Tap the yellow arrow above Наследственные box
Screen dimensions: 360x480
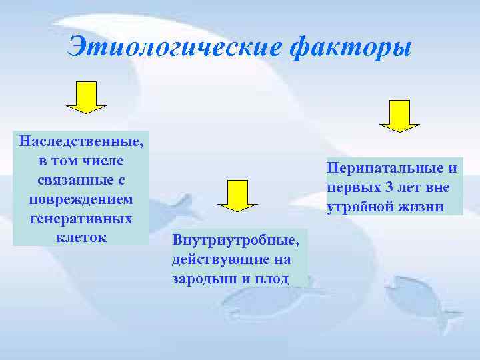pos(86,96)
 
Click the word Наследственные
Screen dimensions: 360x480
pos(81,142)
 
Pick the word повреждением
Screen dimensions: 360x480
pos(81,199)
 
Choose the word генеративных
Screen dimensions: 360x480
pos(81,219)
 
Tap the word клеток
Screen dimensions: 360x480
pos(81,237)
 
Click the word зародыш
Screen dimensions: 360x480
pos(197,278)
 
